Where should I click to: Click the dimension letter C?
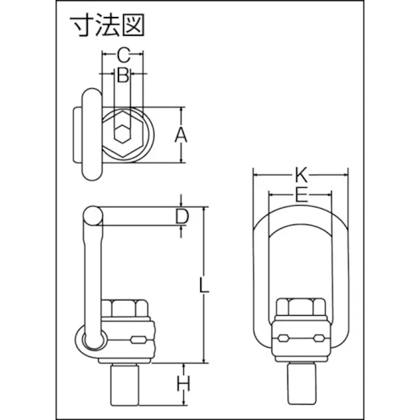[x=123, y=55]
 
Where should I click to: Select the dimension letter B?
[x=123, y=75]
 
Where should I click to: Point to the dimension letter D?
[x=182, y=217]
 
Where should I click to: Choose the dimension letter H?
[x=184, y=385]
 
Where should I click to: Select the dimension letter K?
[x=300, y=174]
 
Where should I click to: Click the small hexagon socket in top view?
[x=123, y=135]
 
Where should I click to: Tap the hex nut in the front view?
[x=300, y=308]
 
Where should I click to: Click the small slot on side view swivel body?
[x=138, y=340]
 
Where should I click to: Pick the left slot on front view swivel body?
[x=282, y=338]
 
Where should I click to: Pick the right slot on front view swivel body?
[x=319, y=338]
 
